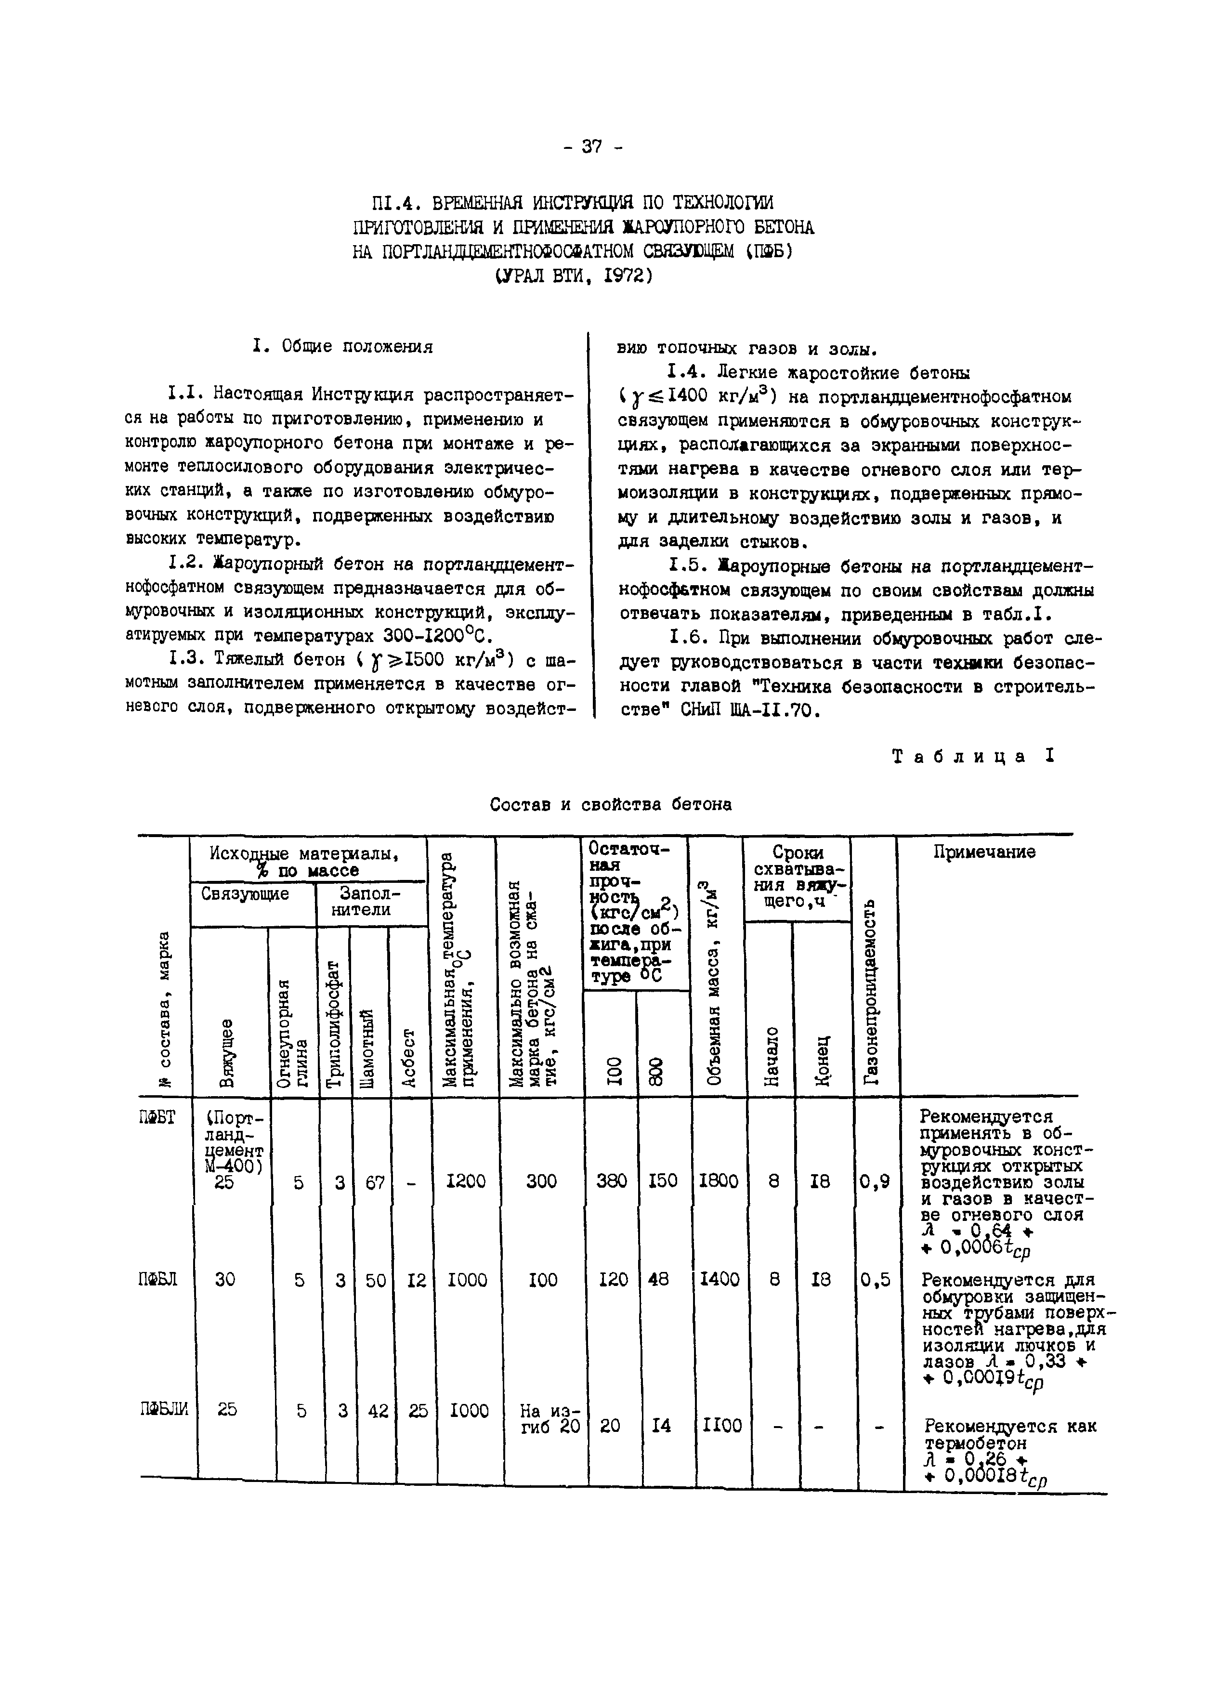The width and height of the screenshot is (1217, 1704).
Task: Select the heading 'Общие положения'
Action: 357,347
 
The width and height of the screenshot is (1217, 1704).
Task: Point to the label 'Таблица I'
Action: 973,756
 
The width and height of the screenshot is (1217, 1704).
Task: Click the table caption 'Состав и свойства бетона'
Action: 611,804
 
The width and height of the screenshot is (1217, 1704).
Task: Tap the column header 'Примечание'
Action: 984,852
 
